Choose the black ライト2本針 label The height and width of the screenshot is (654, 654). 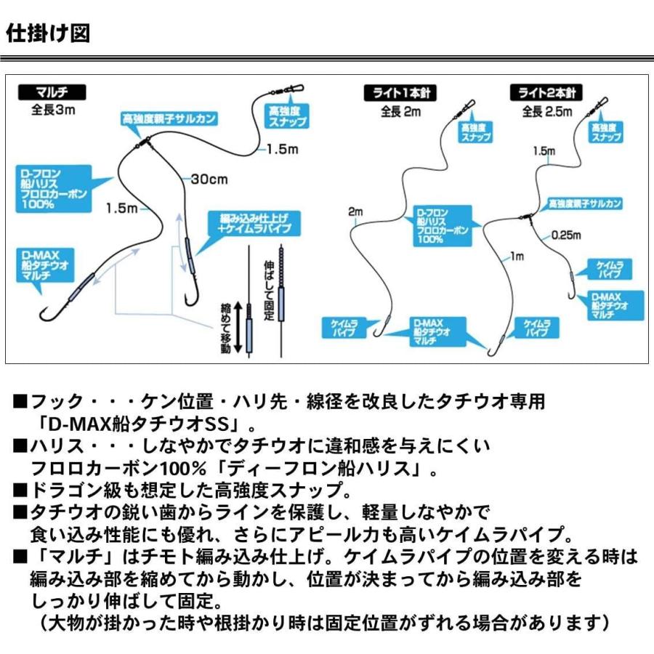546,93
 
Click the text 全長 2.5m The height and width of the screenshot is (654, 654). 546,112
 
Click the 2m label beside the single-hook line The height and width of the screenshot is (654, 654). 355,211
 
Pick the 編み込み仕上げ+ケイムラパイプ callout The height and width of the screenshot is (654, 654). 249,223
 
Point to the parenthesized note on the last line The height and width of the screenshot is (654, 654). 323,623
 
